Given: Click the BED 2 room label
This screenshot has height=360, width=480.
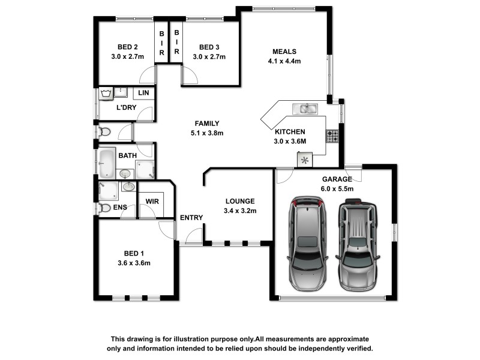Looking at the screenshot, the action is pyautogui.click(x=128, y=47).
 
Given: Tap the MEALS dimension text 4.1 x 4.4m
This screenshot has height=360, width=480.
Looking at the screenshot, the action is pyautogui.click(x=284, y=61).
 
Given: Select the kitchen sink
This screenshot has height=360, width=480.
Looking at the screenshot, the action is pyautogui.click(x=305, y=109).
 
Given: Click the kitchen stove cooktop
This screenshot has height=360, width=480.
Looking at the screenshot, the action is pyautogui.click(x=332, y=136).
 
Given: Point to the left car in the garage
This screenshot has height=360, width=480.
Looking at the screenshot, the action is pyautogui.click(x=307, y=244).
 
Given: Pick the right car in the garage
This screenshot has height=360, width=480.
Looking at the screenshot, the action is pyautogui.click(x=358, y=245).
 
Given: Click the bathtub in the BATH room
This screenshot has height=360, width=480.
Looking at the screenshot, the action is pyautogui.click(x=107, y=163).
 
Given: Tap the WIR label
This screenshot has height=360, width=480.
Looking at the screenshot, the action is pyautogui.click(x=152, y=202).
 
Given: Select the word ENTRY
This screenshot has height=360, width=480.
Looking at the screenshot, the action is pyautogui.click(x=191, y=218).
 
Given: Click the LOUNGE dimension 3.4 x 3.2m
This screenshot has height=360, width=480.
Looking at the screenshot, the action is pyautogui.click(x=240, y=211).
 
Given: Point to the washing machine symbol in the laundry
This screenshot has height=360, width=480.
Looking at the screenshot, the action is pyautogui.click(x=106, y=94).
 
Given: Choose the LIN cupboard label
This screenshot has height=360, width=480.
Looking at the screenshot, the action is pyautogui.click(x=143, y=93).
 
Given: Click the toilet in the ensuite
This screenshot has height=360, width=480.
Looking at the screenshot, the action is pyautogui.click(x=104, y=208).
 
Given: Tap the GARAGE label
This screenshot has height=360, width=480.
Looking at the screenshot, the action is pyautogui.click(x=337, y=179).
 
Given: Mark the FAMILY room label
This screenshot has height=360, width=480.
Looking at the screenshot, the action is pyautogui.click(x=207, y=124).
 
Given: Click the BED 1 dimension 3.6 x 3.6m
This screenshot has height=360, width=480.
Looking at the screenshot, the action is pyautogui.click(x=134, y=263).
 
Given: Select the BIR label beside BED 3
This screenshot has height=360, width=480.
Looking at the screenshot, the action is pyautogui.click(x=176, y=42).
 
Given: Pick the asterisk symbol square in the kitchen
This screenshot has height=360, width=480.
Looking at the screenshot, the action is pyautogui.click(x=305, y=160).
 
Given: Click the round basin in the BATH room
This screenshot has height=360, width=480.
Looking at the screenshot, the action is pyautogui.click(x=125, y=174).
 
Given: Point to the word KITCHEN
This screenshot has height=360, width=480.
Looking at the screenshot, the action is pyautogui.click(x=290, y=132).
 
